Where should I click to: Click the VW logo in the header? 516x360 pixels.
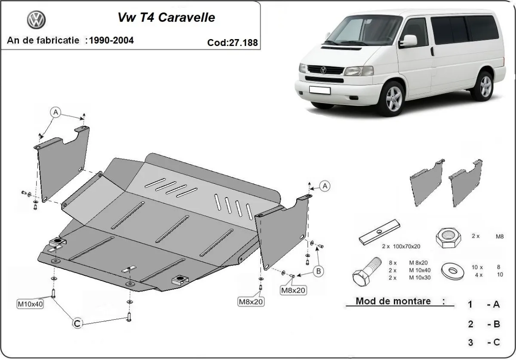tap(36, 20)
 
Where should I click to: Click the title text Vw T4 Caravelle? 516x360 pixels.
tap(166, 18)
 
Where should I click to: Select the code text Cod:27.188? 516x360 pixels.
tap(232, 42)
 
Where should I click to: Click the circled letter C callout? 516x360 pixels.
tap(77, 324)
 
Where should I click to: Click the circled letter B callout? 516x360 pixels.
tap(318, 271)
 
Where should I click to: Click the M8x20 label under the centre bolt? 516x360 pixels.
tap(252, 302)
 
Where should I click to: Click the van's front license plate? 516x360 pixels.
tap(319, 90)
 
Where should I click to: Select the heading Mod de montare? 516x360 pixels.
tap(393, 301)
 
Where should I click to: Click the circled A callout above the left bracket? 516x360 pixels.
tap(55, 112)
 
